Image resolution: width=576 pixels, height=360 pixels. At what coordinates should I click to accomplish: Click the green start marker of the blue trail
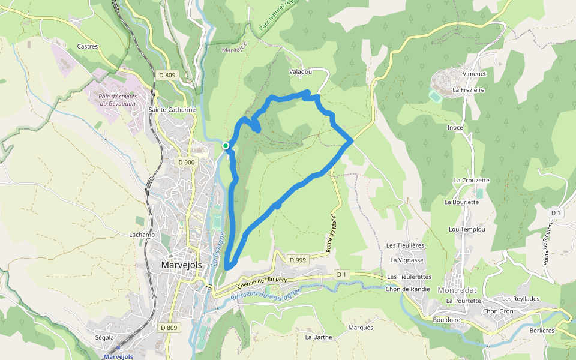coord(226,146)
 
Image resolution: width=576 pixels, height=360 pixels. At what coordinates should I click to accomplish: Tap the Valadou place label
coord(301,71)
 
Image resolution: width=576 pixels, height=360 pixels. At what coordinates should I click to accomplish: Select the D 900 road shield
coord(187,162)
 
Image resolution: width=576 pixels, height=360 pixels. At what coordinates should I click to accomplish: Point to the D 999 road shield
coord(298,260)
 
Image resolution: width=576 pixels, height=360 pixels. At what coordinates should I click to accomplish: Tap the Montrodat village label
coord(457,290)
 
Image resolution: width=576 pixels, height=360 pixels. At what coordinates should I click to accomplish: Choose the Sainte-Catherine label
coord(172,110)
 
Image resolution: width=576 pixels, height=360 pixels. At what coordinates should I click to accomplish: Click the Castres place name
coord(88,46)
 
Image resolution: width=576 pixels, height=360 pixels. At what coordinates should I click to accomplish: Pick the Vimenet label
coord(473,73)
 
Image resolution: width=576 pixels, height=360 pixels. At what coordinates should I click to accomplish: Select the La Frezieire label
coord(469,89)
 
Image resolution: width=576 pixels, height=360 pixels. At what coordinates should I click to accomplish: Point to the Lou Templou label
coord(467,229)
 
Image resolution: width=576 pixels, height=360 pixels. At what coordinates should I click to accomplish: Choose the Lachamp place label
coord(142,235)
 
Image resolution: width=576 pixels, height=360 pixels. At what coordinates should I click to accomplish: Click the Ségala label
coord(104,337)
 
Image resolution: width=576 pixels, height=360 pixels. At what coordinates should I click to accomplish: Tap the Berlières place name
coord(542,330)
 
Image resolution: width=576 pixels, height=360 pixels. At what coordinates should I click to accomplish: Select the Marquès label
coord(361,328)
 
